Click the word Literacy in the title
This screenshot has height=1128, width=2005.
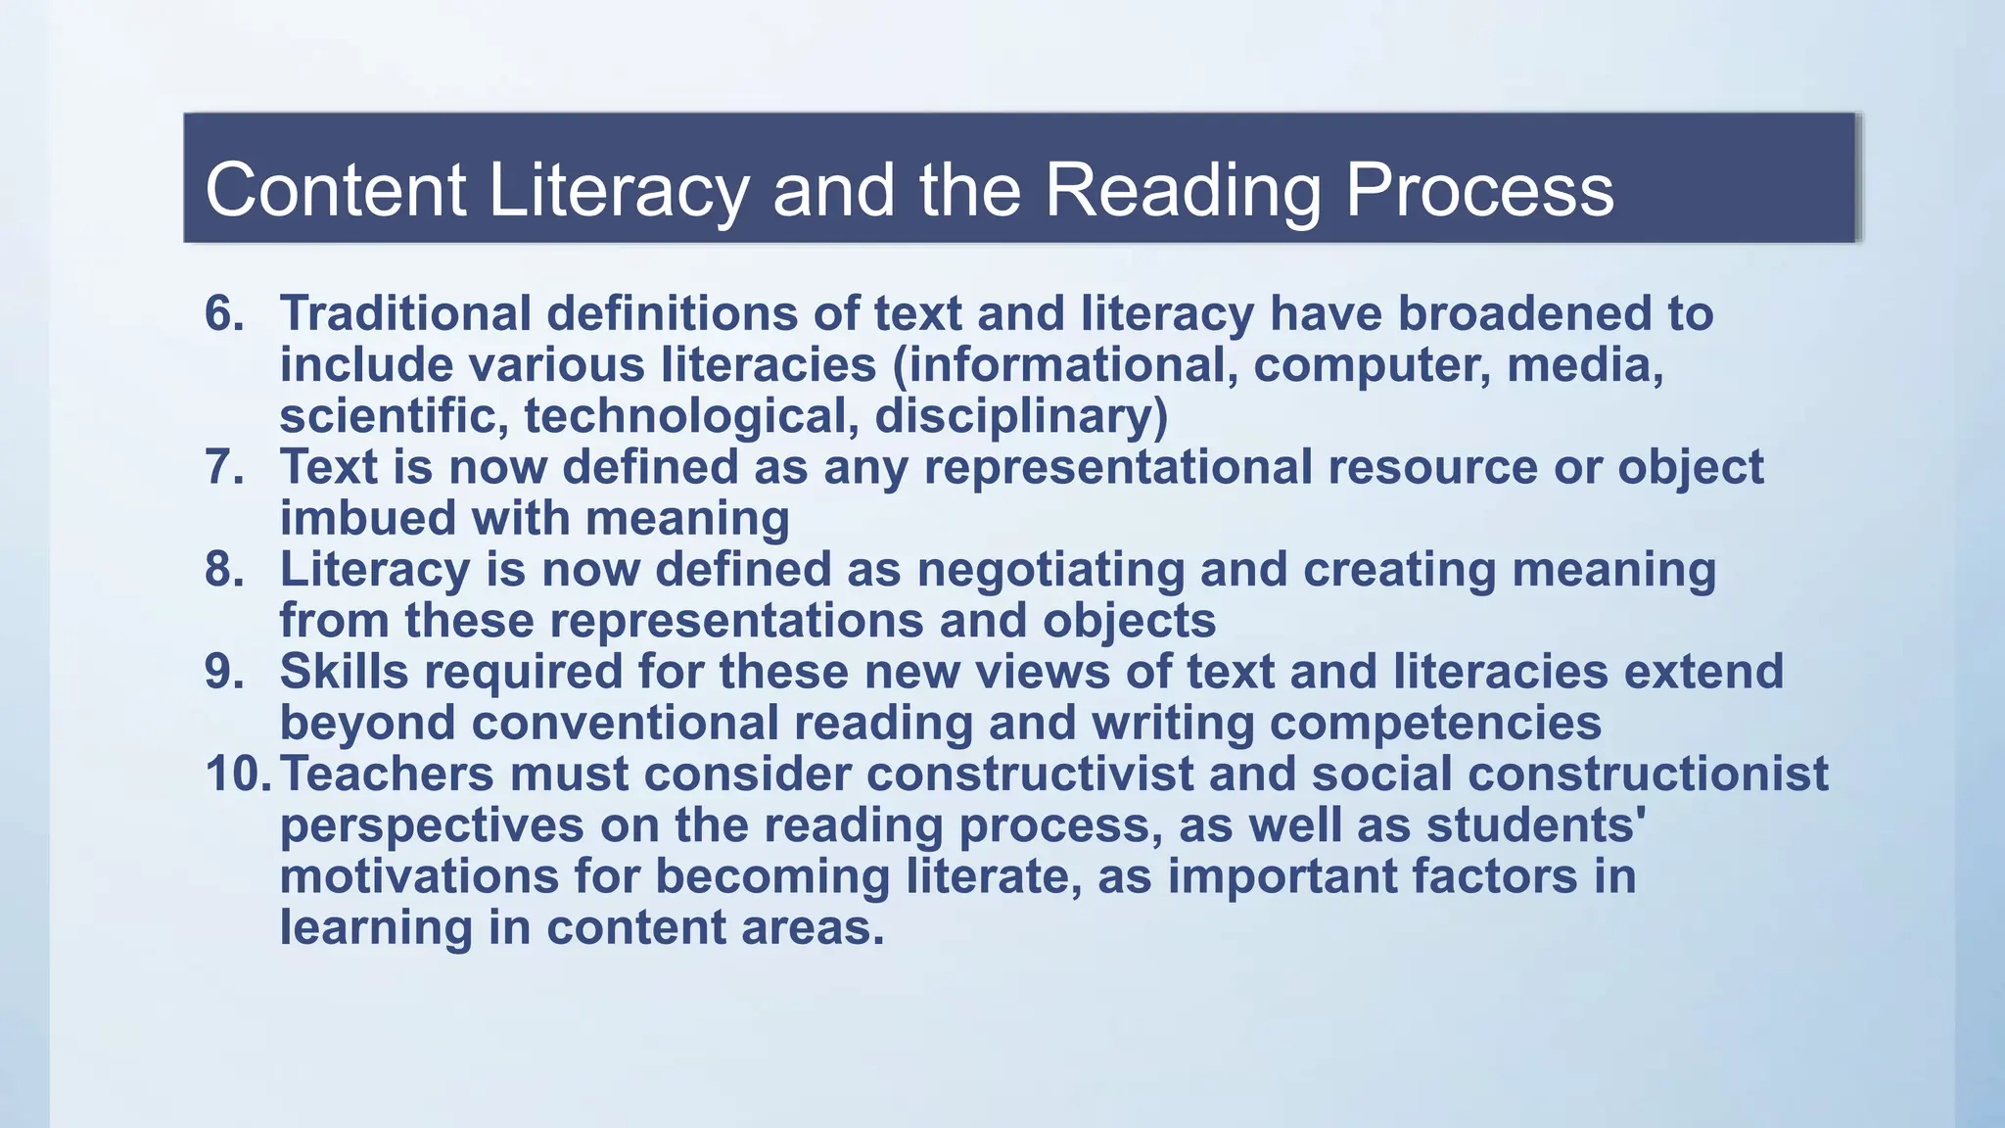[619, 190]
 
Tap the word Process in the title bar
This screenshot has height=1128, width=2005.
[1479, 190]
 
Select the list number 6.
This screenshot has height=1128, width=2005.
[224, 314]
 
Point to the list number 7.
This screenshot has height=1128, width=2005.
[224, 467]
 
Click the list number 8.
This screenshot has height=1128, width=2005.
[224, 570]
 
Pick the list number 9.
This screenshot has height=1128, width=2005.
[224, 672]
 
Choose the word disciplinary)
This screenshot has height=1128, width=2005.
[1021, 416]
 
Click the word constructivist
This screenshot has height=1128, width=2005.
[1030, 775]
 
